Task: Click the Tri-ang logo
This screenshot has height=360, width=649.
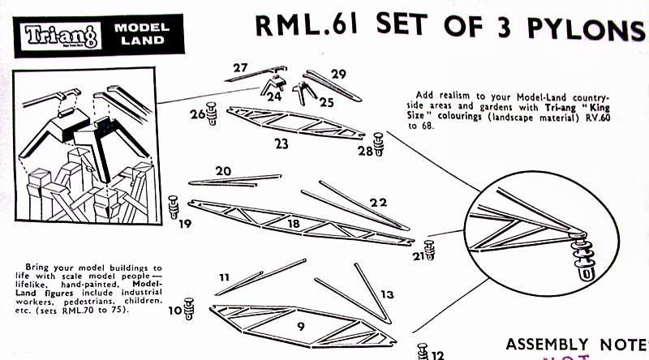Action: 56,35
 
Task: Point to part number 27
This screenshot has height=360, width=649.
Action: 240,67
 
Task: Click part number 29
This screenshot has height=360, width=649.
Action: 338,74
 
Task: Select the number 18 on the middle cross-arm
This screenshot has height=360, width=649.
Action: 294,222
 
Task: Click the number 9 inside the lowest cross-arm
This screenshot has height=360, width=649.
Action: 300,327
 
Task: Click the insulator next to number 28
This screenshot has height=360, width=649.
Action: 378,144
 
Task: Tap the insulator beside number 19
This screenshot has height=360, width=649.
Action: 174,206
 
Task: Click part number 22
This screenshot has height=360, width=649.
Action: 378,202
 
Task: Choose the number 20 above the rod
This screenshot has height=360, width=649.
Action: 223,171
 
